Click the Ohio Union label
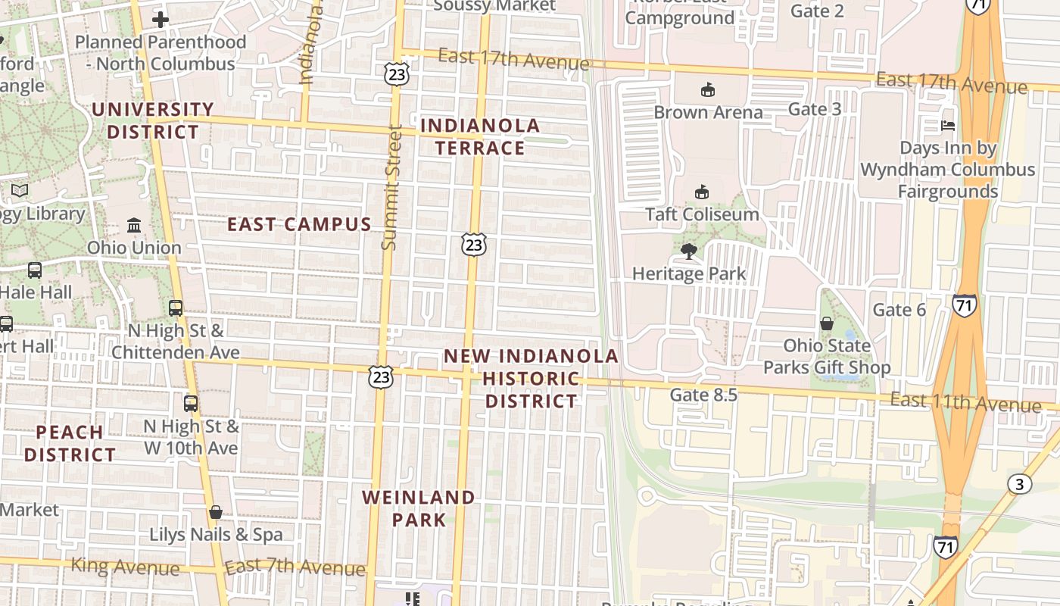(x=134, y=248)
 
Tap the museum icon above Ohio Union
(x=134, y=225)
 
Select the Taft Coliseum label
(x=702, y=214)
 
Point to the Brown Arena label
(x=708, y=112)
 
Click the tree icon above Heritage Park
(x=688, y=251)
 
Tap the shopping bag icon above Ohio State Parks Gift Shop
(x=827, y=323)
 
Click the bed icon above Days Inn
(x=948, y=126)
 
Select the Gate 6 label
(x=899, y=310)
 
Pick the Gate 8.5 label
(x=703, y=395)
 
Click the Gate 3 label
(x=815, y=109)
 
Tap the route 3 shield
(x=1018, y=483)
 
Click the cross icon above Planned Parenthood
(x=161, y=20)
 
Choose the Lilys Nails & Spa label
(x=216, y=534)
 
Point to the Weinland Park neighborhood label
(x=419, y=508)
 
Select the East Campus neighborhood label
(x=299, y=224)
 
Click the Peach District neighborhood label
(x=70, y=443)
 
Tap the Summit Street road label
(x=389, y=188)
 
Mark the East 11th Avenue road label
(x=965, y=401)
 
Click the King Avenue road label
(x=125, y=566)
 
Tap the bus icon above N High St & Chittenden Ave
(x=176, y=308)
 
